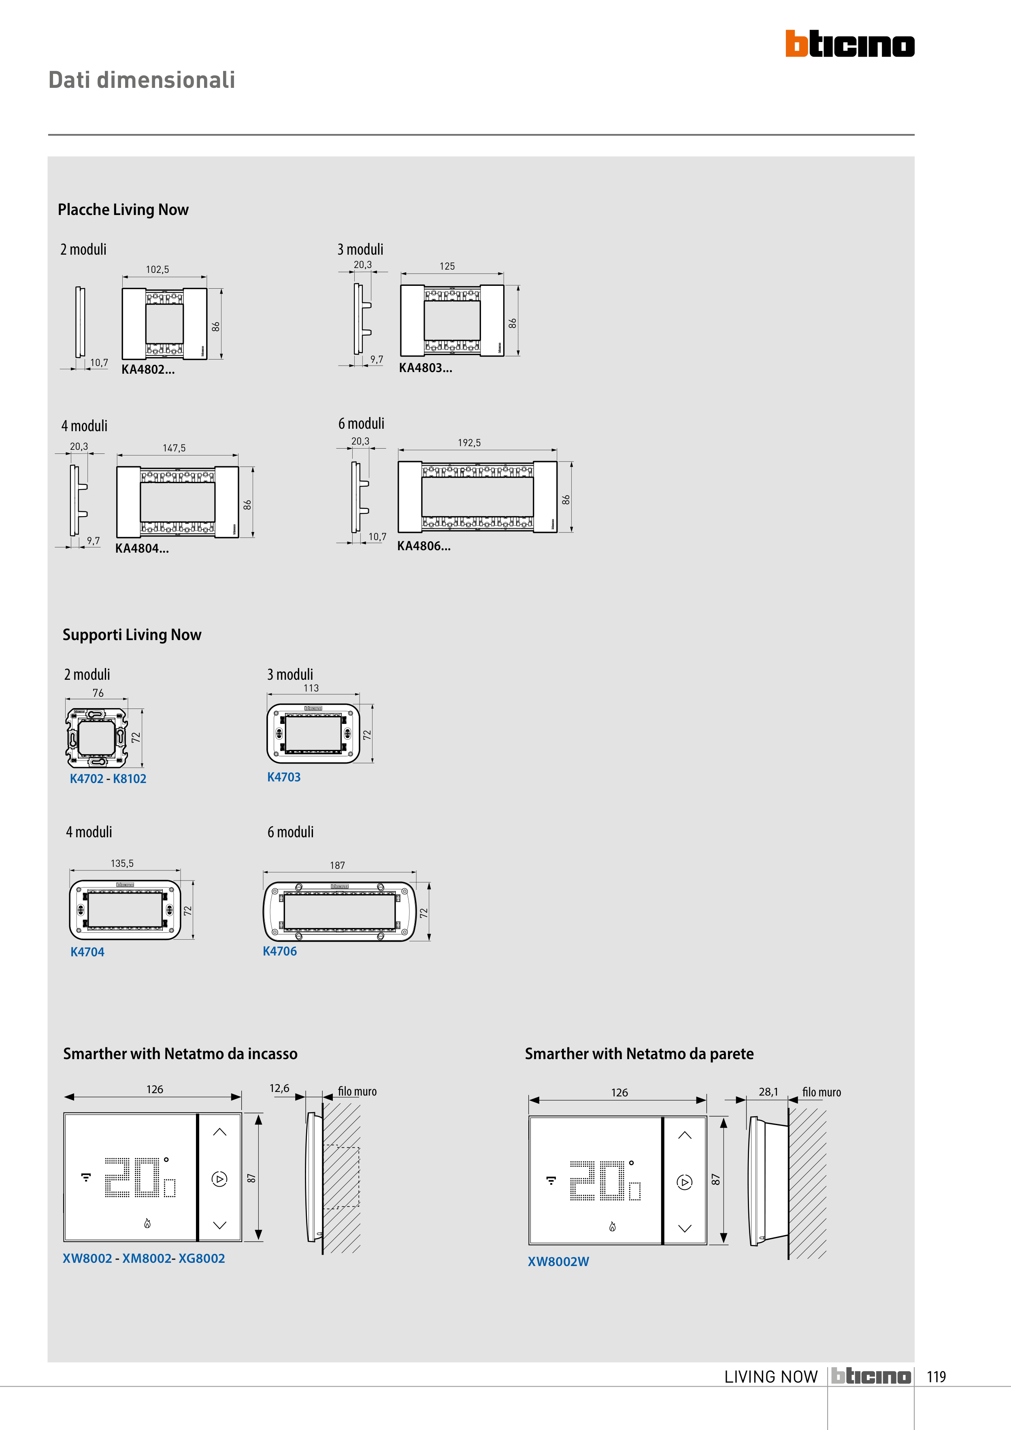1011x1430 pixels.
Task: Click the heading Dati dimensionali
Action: (142, 80)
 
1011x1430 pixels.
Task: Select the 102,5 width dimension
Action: (158, 270)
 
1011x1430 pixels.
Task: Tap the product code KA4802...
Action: (148, 369)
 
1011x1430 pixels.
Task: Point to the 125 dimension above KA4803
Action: (447, 266)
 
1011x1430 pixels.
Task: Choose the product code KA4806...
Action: (424, 546)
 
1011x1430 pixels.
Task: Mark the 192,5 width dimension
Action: (469, 443)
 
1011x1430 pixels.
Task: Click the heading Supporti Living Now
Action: (132, 635)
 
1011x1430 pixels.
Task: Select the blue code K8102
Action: (130, 779)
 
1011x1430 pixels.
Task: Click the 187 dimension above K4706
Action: (337, 866)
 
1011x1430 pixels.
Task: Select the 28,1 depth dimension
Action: (768, 1092)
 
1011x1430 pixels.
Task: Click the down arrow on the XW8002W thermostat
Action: (685, 1229)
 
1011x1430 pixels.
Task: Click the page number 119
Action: (936, 1377)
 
